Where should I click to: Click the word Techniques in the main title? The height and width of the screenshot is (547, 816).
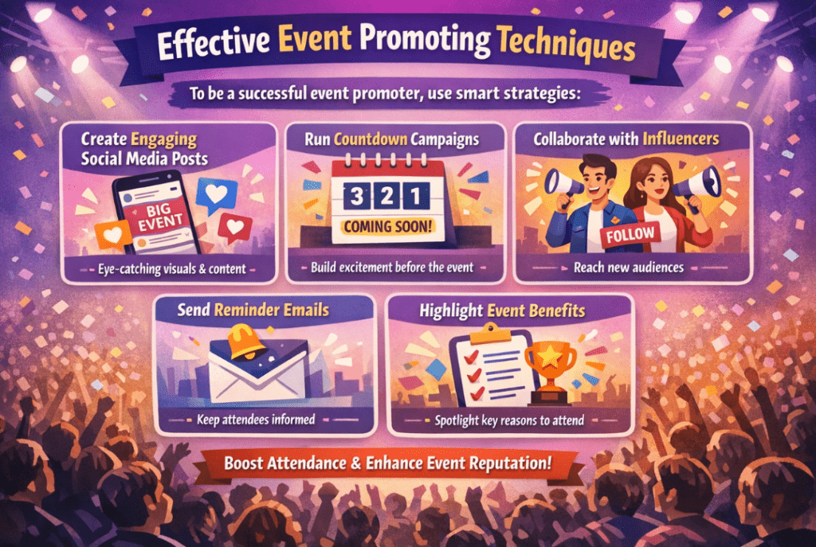pyautogui.click(x=566, y=45)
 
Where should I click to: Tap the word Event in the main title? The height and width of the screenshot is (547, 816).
pyautogui.click(x=314, y=38)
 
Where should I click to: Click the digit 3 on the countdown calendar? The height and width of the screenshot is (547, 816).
pyautogui.click(x=356, y=197)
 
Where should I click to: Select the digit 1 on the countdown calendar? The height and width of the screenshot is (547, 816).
pyautogui.click(x=416, y=197)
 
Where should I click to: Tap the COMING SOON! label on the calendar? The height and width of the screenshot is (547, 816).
pyautogui.click(x=388, y=227)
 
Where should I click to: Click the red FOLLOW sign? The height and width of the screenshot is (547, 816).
pyautogui.click(x=630, y=235)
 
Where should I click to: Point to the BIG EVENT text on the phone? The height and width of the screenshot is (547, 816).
pyautogui.click(x=159, y=217)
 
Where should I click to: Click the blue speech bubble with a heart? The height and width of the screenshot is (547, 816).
pyautogui.click(x=217, y=195)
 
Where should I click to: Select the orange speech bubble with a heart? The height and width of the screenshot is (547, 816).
pyautogui.click(x=112, y=235)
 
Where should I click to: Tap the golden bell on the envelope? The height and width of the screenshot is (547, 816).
pyautogui.click(x=249, y=342)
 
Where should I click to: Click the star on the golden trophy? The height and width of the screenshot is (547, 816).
pyautogui.click(x=550, y=357)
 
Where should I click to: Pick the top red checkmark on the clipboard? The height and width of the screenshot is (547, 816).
pyautogui.click(x=472, y=357)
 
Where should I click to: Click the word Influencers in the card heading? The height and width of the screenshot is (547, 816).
pyautogui.click(x=681, y=139)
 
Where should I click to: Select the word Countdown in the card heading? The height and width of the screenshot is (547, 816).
pyautogui.click(x=371, y=139)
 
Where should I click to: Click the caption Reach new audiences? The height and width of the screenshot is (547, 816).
pyautogui.click(x=629, y=268)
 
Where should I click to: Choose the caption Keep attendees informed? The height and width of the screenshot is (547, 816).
pyautogui.click(x=256, y=420)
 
